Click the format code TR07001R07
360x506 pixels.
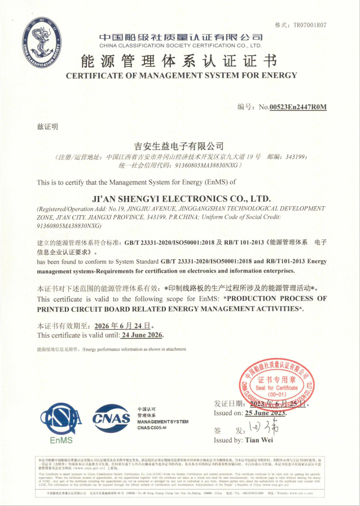(309, 25)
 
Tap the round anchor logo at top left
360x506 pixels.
(43, 40)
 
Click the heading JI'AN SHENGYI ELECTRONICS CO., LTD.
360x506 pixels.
(181, 198)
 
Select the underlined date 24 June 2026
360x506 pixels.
(142, 335)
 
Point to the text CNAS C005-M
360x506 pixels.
(152, 428)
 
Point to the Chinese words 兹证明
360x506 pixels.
(47, 127)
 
